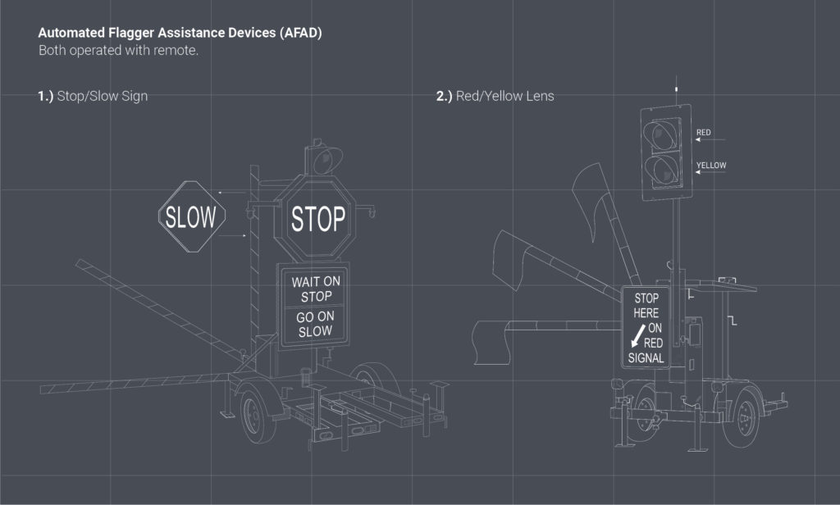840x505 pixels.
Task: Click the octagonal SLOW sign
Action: [x=191, y=216]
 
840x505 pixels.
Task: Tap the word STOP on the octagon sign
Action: [x=318, y=220]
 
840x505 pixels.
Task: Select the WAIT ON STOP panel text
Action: [x=315, y=289]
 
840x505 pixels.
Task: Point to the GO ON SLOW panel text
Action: [x=315, y=324]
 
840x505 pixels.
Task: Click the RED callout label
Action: [x=704, y=132]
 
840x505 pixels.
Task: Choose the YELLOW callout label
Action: [x=710, y=166]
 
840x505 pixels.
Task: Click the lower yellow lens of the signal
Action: [x=660, y=170]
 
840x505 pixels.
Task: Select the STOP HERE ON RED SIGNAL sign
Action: [x=646, y=327]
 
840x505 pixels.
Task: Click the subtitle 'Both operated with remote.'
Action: [x=119, y=51]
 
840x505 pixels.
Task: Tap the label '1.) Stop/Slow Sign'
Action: [x=92, y=96]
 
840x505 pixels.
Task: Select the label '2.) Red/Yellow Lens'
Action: [x=495, y=96]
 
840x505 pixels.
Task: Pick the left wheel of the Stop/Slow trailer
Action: [x=258, y=416]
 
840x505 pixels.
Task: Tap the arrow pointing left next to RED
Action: [x=705, y=141]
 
